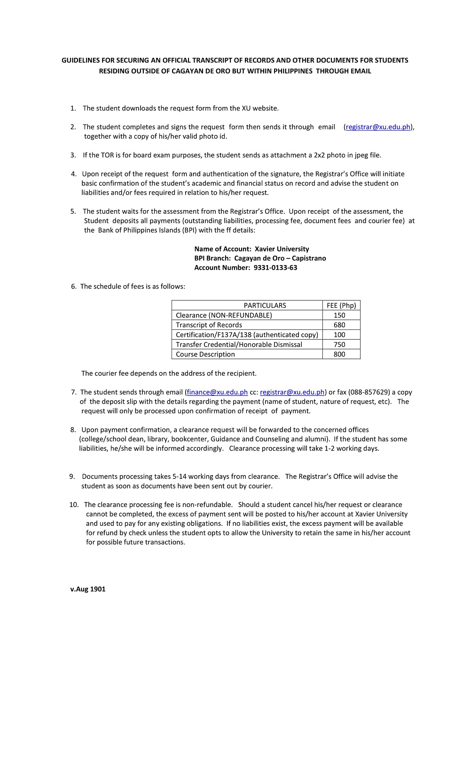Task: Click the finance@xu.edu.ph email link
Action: tap(217, 392)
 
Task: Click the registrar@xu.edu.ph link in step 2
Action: tap(378, 127)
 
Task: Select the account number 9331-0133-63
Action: tap(275, 268)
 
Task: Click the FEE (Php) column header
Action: tap(341, 305)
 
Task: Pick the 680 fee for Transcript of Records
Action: tap(339, 325)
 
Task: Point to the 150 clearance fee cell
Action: tap(339, 315)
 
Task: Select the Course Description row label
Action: tap(205, 354)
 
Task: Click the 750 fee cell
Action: tap(339, 344)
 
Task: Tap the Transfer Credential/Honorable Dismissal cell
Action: tap(239, 344)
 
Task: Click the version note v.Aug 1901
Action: tap(88, 589)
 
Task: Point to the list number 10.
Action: tap(74, 505)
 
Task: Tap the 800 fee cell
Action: tap(339, 354)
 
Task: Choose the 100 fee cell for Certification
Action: tap(339, 335)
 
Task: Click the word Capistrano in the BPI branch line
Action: tap(309, 258)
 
